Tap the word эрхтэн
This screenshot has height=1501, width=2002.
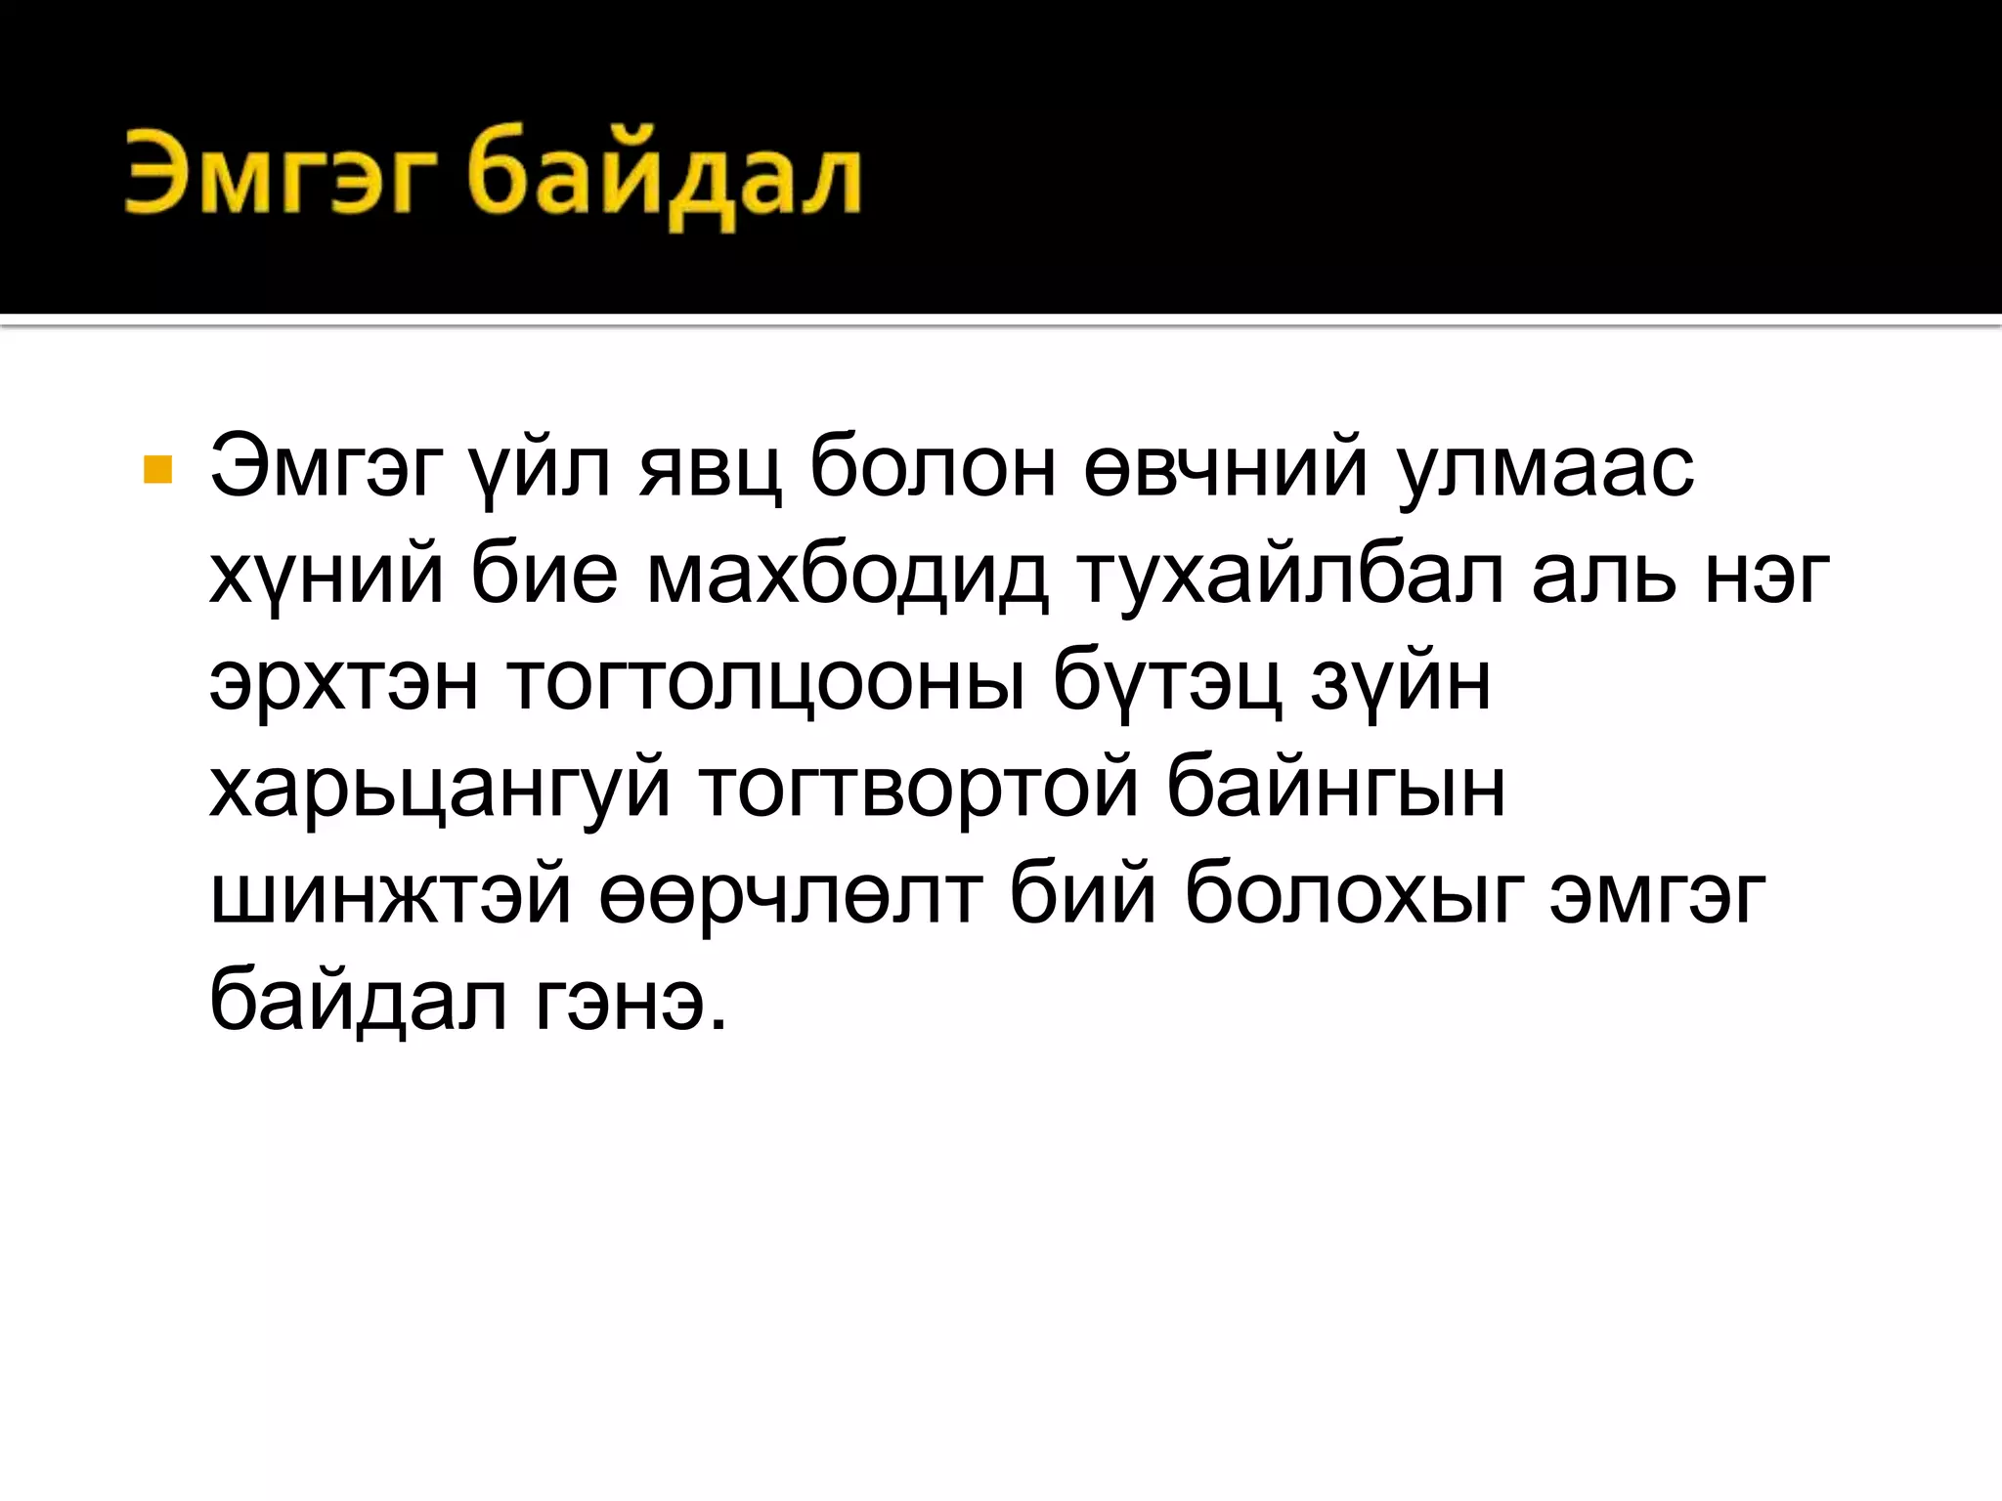(344, 682)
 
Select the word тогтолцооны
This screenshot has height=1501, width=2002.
(765, 682)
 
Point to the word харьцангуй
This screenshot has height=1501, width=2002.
(440, 790)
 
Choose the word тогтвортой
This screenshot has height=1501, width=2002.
(919, 790)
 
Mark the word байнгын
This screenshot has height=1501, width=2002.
(1335, 790)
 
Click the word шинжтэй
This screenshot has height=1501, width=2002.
(390, 895)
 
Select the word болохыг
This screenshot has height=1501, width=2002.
(1354, 895)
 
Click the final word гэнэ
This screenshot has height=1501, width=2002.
(631, 1002)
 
